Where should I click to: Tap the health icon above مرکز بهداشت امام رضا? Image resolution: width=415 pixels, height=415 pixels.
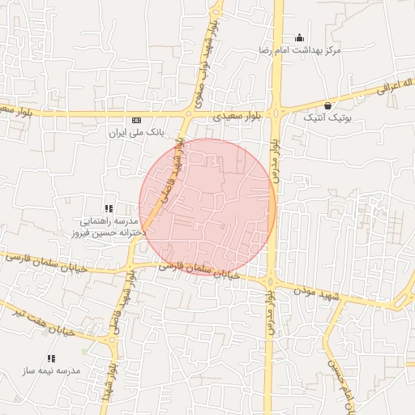pos(299,37)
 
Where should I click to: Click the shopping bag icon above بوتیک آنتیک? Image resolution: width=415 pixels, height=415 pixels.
pos(327,105)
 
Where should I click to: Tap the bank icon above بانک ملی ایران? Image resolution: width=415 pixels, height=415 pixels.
pos(136,118)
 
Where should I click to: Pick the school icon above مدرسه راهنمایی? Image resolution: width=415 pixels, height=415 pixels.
pos(109,208)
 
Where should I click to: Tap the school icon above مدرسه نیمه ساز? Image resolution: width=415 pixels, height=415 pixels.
pos(51,357)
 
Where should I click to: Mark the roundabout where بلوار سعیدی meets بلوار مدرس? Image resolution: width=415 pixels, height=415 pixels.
pos(277,113)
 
